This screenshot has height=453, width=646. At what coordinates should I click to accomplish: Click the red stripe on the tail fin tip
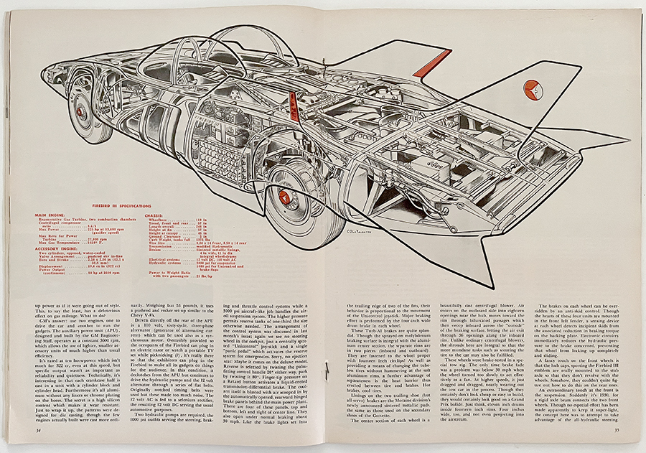432,63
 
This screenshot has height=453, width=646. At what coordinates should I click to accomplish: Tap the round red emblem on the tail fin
533,89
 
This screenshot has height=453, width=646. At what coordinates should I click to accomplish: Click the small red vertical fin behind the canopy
294,108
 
